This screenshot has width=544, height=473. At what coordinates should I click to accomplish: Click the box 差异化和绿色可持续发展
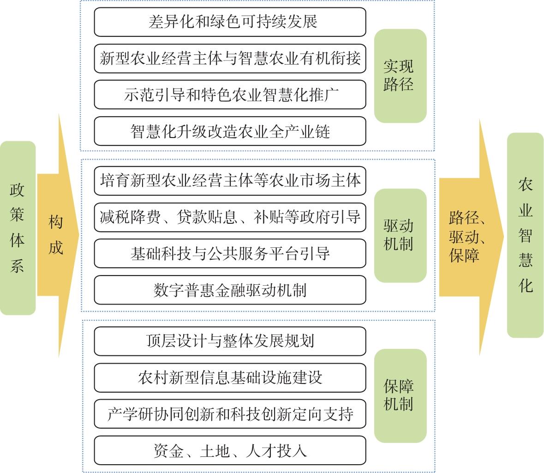(x=230, y=22)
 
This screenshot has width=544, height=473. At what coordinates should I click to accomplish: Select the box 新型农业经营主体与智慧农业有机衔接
(x=230, y=58)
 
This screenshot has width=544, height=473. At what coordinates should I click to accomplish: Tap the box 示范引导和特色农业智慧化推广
(x=230, y=95)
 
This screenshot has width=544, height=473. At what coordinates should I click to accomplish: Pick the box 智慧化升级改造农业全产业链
(x=230, y=132)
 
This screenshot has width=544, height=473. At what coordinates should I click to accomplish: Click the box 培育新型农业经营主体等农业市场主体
(x=230, y=180)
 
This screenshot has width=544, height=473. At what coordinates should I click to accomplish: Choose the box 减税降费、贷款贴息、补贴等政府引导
(x=230, y=217)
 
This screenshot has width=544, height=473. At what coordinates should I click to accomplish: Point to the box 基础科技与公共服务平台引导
(x=230, y=253)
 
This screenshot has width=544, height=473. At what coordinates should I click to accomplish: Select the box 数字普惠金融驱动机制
(x=230, y=290)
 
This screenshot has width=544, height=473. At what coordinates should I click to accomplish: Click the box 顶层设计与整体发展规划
(x=230, y=341)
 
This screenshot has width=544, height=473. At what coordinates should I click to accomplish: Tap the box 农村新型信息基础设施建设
(x=230, y=377)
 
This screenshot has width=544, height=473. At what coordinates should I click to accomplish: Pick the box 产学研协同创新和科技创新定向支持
(x=230, y=414)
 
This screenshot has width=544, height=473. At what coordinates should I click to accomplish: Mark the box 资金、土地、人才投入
(x=230, y=451)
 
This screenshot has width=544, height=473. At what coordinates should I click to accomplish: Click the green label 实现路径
(x=400, y=76)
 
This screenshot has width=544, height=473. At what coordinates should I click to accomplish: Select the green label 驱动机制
(x=400, y=235)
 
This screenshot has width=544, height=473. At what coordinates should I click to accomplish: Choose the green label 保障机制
(x=400, y=395)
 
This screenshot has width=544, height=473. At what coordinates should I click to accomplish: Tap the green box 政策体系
(x=18, y=228)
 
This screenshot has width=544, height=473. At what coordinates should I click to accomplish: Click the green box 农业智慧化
(x=525, y=235)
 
